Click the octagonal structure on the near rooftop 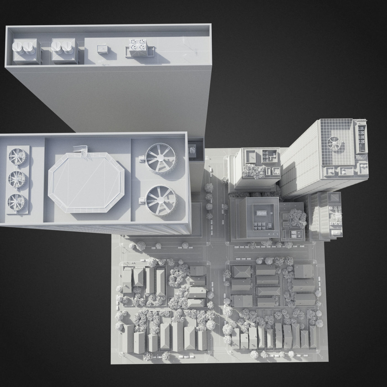86,182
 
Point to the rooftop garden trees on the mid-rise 253,171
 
